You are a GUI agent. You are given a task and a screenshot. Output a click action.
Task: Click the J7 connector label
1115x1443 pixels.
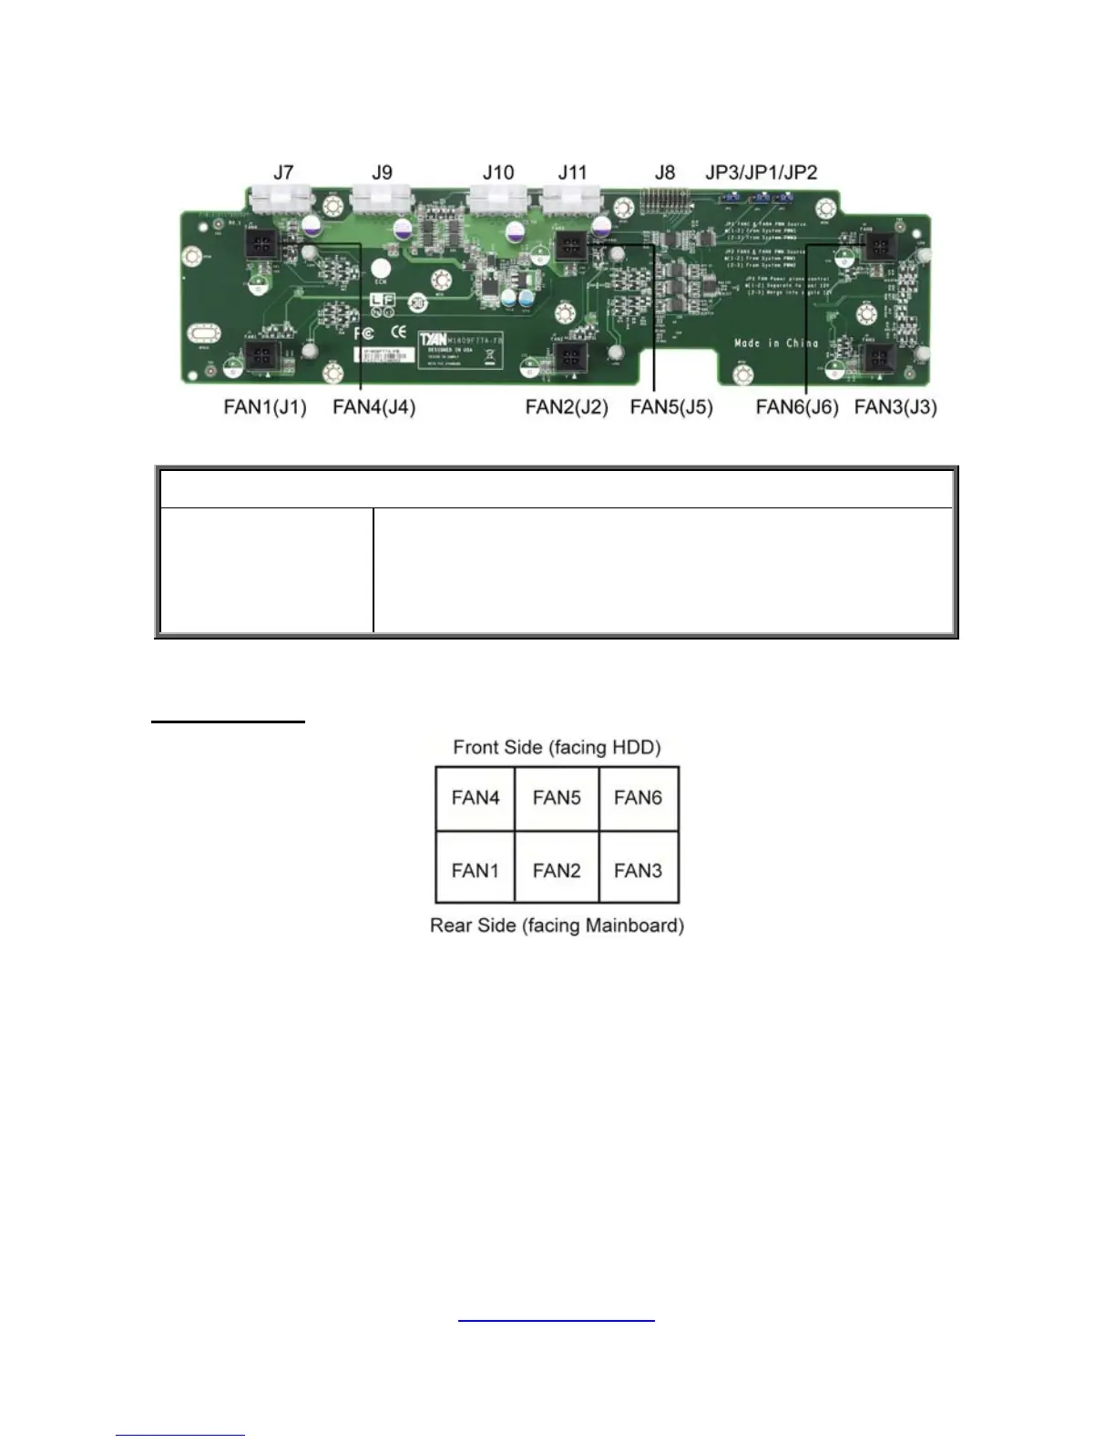283,172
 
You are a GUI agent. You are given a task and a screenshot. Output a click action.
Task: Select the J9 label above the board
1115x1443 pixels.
382,172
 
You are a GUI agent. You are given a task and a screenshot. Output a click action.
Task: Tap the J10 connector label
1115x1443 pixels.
498,172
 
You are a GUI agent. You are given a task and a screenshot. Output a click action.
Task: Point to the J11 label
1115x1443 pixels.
573,172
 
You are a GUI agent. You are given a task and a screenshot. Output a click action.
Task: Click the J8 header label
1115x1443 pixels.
665,172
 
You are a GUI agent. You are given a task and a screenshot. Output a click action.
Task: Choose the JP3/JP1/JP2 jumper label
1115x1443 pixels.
762,172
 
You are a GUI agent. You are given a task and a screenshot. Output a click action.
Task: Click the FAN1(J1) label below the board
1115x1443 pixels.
265,407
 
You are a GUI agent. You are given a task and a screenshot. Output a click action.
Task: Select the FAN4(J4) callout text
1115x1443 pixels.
374,407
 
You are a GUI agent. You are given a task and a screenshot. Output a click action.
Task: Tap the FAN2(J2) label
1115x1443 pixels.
567,407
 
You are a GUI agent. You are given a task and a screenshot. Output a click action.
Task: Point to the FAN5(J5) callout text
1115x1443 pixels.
671,407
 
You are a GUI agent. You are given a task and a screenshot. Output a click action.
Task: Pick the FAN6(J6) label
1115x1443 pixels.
797,407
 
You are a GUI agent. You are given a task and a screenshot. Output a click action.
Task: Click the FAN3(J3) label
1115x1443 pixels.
895,407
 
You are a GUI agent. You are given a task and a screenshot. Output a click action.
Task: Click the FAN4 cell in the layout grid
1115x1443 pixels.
476,798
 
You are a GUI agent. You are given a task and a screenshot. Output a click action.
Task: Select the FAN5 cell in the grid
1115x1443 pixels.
557,798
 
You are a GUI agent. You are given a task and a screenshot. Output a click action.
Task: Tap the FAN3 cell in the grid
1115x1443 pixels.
638,871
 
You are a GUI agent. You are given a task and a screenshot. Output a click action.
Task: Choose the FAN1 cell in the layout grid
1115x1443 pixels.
476,871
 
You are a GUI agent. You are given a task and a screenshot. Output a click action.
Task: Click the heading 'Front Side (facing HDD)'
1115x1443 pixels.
557,748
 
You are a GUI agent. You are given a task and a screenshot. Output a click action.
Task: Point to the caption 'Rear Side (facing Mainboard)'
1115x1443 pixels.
557,926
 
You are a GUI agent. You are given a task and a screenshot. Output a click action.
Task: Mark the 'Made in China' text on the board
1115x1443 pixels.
776,343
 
